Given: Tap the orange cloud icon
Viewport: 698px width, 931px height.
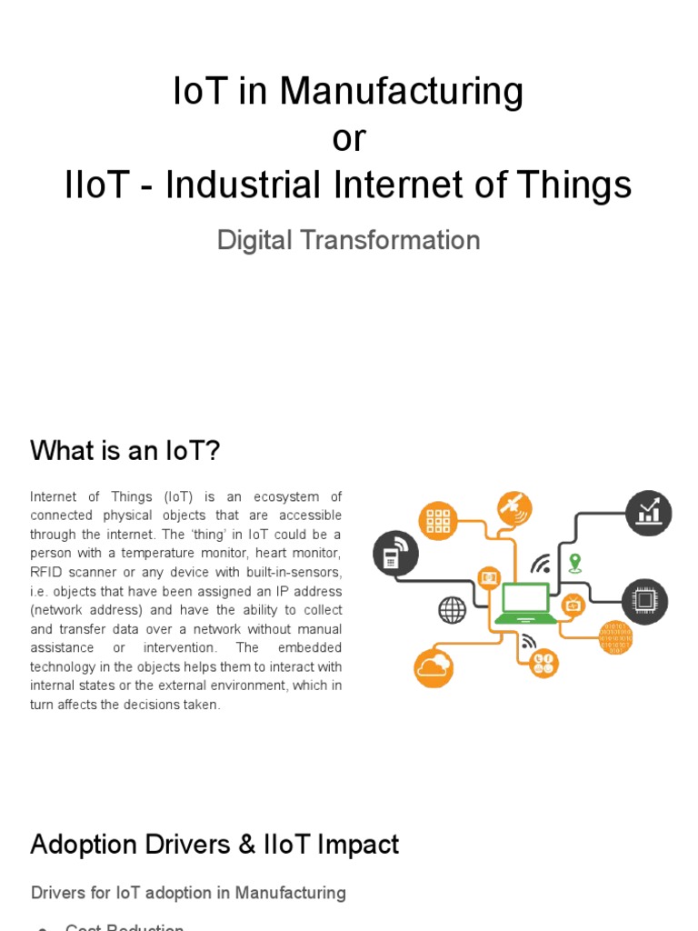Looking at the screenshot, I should (434, 668).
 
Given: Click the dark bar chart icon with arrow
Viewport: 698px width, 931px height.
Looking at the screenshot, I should (648, 512).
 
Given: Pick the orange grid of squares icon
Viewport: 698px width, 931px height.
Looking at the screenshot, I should (438, 520).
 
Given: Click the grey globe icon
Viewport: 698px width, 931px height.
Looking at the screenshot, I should (452, 609).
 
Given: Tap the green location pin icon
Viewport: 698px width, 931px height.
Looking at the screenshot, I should (573, 561).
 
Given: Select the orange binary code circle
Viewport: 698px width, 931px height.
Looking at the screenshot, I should (615, 637).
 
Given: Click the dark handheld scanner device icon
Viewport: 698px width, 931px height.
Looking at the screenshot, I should (395, 554).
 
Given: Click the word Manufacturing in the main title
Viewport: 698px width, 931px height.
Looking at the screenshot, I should (401, 92).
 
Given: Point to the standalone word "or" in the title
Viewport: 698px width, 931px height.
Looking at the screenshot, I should (349, 138).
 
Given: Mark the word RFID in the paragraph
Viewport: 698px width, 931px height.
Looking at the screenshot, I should (46, 571).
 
